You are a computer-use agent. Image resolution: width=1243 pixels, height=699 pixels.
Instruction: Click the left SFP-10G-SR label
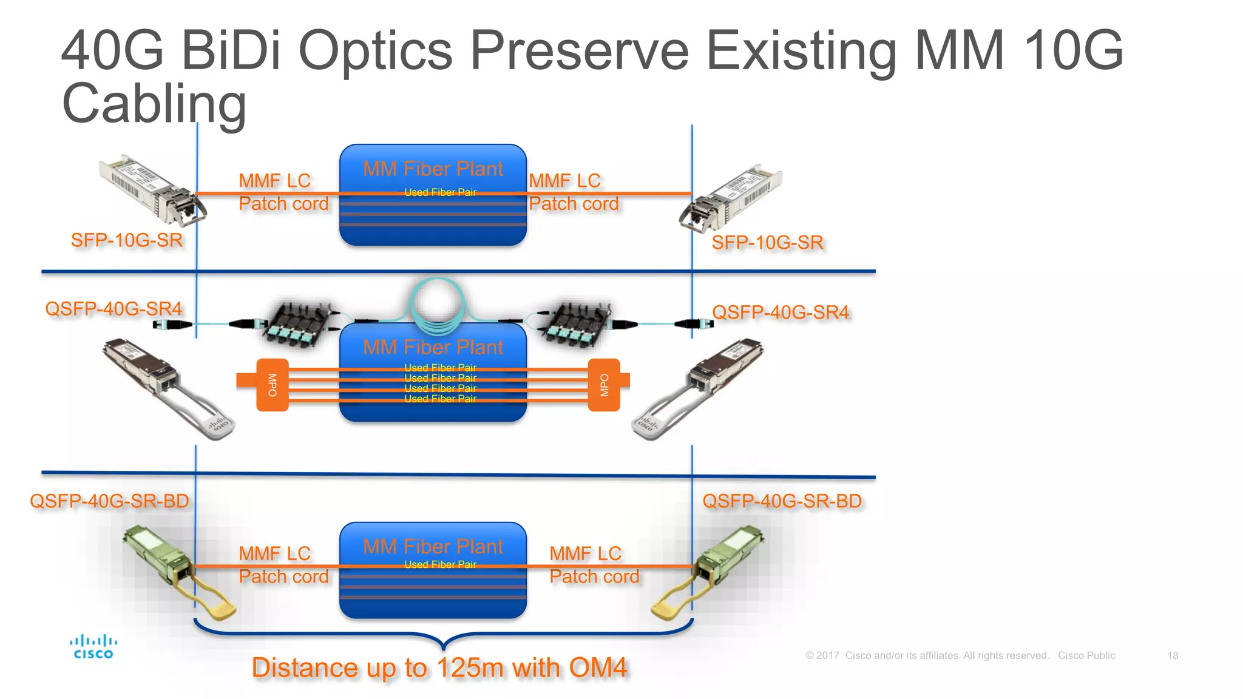pos(126,240)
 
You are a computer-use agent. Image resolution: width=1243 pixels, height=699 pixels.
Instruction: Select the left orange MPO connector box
pos(272,385)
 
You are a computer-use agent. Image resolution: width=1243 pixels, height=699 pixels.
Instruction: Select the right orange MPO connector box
pos(604,385)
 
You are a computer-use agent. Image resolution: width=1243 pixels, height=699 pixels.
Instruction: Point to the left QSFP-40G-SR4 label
pos(113,309)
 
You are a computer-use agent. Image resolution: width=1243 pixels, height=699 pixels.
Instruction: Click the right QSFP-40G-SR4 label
pos(780,312)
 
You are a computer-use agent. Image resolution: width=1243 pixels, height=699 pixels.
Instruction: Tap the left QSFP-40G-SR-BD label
pos(109,501)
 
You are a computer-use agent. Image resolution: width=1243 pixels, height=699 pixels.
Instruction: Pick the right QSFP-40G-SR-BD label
pos(782,501)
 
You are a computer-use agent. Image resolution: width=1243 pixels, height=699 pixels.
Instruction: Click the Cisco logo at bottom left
pos(93,647)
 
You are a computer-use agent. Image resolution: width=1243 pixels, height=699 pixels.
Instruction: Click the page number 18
pos(1172,655)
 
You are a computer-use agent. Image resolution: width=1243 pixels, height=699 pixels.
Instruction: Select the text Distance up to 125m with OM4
pos(439,668)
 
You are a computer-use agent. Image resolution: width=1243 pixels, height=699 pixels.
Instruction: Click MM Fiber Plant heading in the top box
pos(433,169)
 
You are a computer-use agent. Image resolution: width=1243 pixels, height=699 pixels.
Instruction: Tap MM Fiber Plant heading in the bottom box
pos(433,547)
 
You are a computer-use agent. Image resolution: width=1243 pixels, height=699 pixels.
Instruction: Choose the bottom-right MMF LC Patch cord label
pos(594,565)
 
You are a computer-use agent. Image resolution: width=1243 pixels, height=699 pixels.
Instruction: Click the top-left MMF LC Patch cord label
pos(283,192)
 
